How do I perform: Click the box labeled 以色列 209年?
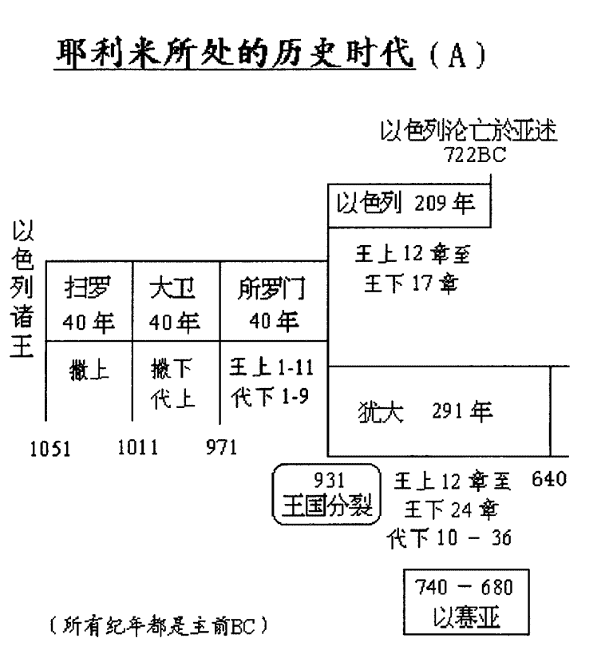pos(409,204)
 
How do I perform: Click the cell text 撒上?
pos(89,371)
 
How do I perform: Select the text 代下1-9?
pos(265,398)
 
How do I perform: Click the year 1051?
pos(50,449)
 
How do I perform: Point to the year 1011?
pos(137,447)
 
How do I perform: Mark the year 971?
pos(221,447)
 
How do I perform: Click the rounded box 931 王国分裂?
pos(328,493)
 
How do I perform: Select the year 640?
pos(549,481)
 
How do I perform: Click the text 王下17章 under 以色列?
pos(411,285)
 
